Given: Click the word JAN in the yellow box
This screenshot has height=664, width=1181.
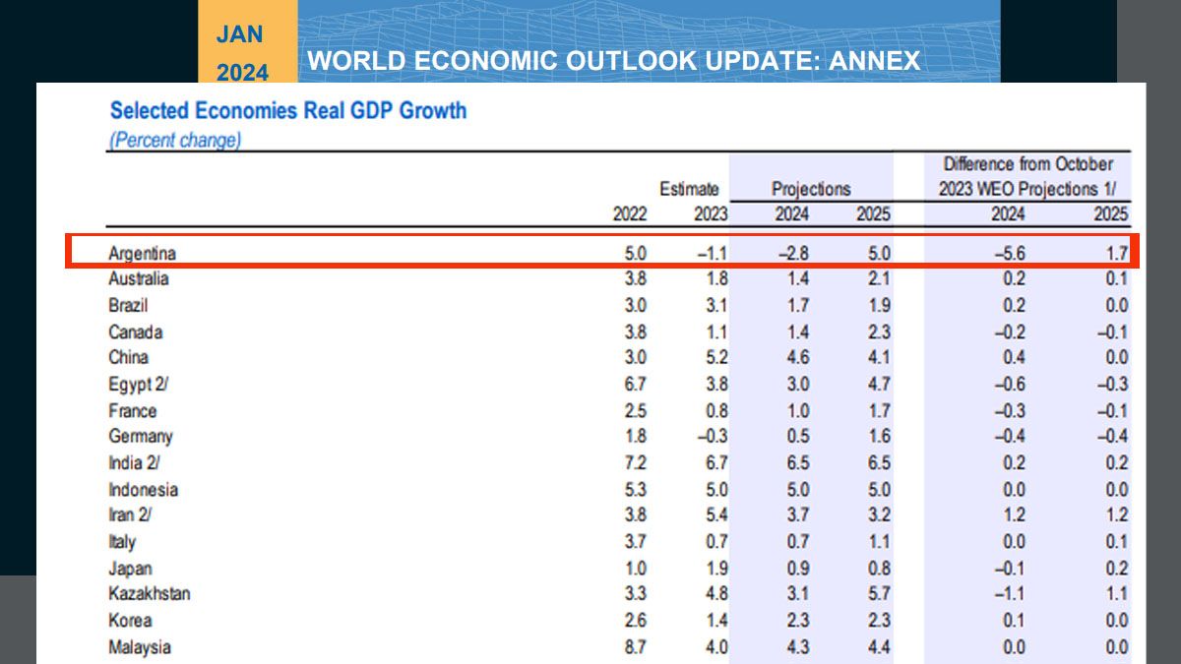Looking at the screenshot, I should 240,34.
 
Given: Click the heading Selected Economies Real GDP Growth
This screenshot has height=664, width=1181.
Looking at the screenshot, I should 287,110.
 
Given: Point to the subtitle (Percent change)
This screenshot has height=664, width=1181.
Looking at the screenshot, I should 173,140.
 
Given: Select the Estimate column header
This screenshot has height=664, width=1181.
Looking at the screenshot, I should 689,189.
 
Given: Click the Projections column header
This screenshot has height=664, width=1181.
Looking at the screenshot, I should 811,189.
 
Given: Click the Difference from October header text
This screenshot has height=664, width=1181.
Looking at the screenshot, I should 1028,164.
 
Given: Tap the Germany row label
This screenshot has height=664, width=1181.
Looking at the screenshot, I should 140,436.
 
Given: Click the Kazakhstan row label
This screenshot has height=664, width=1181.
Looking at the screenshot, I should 149,594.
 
